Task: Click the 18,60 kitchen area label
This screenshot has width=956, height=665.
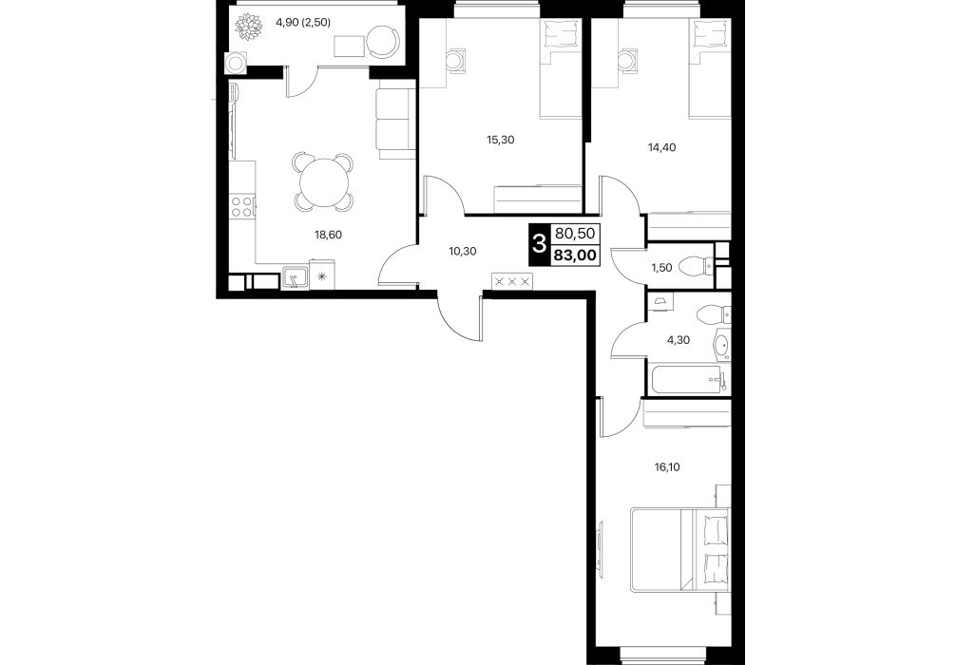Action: pos(328,234)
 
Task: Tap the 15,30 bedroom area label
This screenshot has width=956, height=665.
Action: pos(500,140)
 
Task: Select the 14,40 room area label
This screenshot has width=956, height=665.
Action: pos(662,147)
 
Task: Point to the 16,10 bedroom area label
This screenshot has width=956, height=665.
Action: pos(666,467)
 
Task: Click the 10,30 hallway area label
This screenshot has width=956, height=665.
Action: pos(462,251)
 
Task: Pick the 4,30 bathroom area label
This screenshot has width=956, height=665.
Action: pos(678,340)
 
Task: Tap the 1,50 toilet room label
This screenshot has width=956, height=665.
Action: pos(660,268)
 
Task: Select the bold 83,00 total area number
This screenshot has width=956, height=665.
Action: pos(576,256)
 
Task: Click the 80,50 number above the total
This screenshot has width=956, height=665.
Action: pos(576,234)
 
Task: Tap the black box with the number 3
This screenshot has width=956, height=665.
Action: pos(539,245)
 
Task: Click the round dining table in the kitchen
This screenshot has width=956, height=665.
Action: pos(324,182)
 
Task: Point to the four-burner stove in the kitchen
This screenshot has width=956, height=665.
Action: pos(242,206)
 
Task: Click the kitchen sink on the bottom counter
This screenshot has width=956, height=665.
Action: pos(296,278)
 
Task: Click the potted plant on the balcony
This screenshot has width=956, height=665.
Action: pos(249,28)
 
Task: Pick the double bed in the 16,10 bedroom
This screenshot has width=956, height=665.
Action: pos(680,549)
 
